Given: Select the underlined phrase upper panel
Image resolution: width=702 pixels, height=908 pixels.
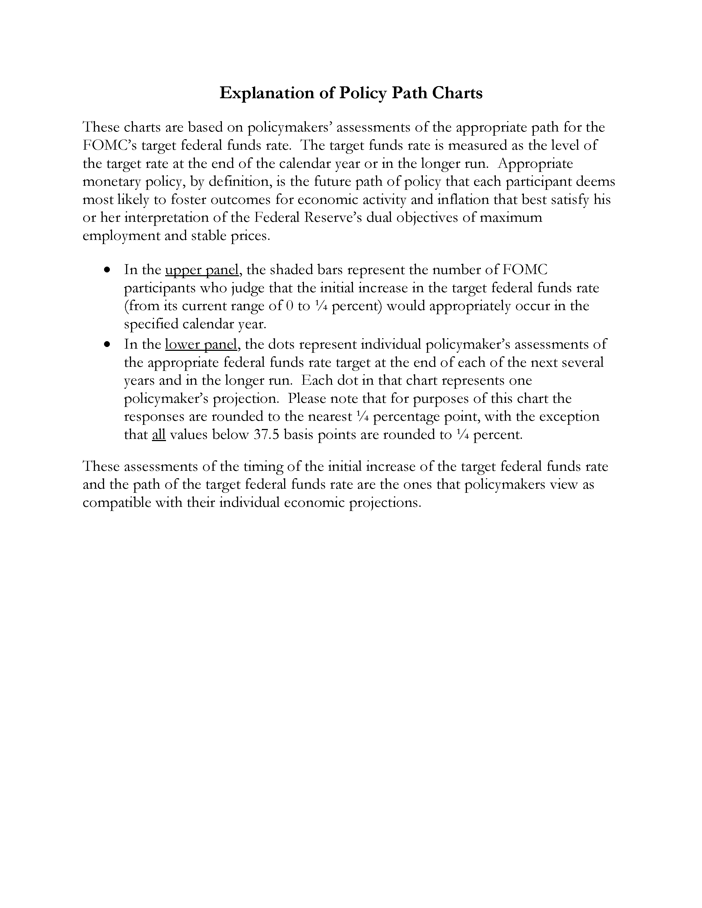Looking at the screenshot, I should click(202, 270).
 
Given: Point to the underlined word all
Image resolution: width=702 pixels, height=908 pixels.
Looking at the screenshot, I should click(159, 434).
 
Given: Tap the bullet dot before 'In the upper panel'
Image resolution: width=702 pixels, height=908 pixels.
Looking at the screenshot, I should click(108, 270).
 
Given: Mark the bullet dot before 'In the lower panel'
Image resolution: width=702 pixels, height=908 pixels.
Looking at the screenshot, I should click(108, 344).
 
